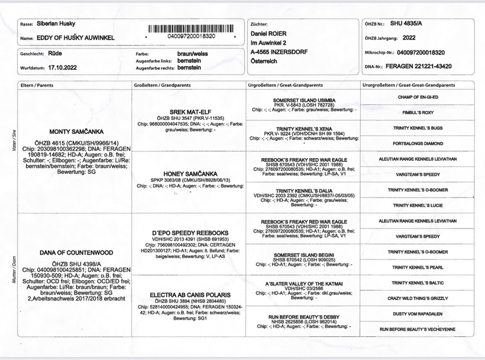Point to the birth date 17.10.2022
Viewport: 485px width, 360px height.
(55, 68)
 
